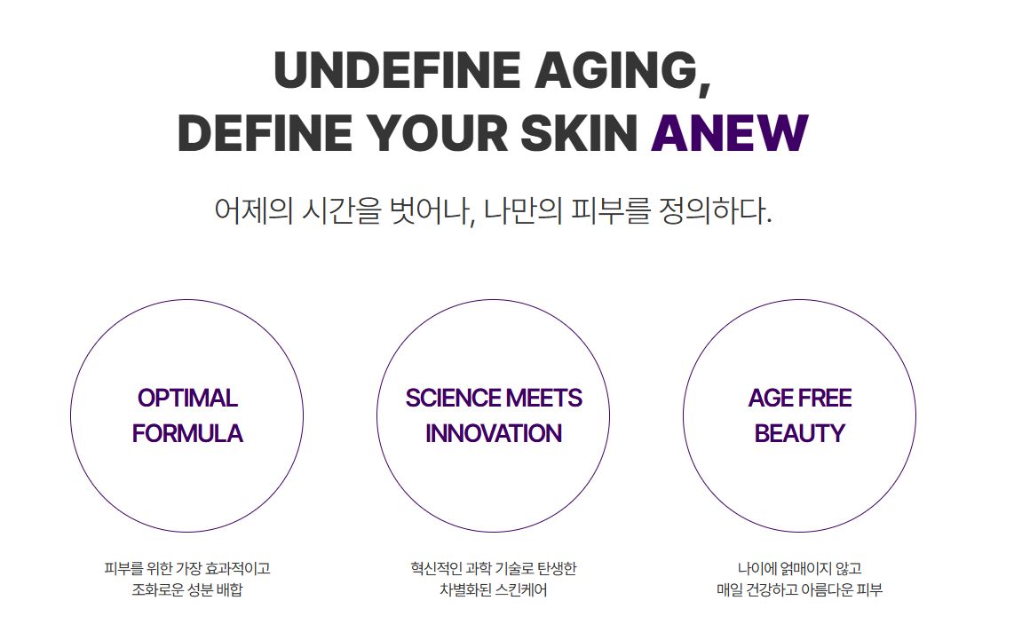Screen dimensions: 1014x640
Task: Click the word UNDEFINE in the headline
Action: (x=397, y=70)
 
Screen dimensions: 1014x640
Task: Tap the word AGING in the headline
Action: (x=616, y=70)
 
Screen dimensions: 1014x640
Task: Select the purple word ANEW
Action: (x=730, y=132)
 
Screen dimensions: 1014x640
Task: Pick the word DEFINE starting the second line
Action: (x=265, y=132)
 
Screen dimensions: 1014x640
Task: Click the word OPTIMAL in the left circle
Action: (x=187, y=399)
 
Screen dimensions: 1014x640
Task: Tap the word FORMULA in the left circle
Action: (x=187, y=433)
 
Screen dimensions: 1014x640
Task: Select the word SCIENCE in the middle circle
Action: (x=453, y=399)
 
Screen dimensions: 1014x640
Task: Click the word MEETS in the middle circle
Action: (x=544, y=399)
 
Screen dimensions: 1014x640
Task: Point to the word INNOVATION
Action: (x=494, y=433)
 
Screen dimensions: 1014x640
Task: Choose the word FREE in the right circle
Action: (x=825, y=399)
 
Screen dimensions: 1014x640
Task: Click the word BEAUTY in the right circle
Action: (x=800, y=433)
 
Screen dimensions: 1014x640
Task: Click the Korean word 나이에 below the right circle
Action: (x=757, y=569)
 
